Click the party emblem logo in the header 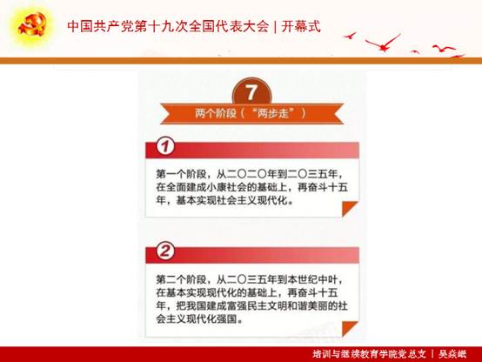tap(32, 24)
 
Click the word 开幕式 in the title tap(301, 26)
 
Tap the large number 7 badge tap(251, 92)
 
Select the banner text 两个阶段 tap(215, 113)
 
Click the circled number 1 tap(165, 146)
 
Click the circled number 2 tap(165, 251)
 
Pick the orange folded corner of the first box tap(350, 209)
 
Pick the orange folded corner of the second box tap(350, 328)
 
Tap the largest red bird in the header tap(384, 43)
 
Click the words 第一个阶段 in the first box tap(181, 174)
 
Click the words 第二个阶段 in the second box tap(181, 279)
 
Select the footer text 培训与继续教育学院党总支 tap(370, 354)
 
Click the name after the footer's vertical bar tap(452, 354)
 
